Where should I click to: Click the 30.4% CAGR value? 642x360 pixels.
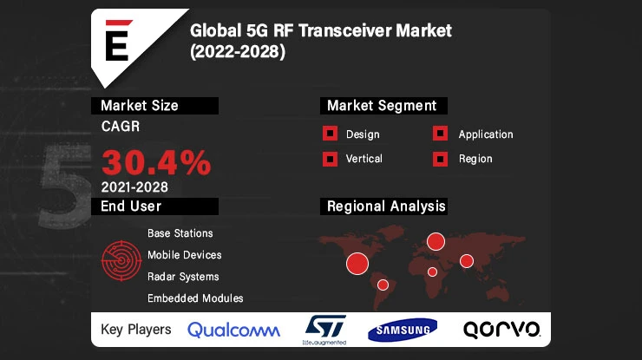click(156, 161)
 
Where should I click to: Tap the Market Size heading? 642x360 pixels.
click(140, 106)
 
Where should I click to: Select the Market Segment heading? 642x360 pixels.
click(381, 106)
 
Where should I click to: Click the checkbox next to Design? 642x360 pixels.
click(330, 134)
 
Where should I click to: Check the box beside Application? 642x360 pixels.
click(441, 134)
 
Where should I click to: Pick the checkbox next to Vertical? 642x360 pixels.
click(330, 159)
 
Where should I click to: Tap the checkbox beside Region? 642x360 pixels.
click(441, 159)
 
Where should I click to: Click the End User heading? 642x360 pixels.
click(131, 206)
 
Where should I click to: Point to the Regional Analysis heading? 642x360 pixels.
click(385, 206)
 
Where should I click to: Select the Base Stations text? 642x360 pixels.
click(180, 233)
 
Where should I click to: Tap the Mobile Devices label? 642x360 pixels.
click(184, 255)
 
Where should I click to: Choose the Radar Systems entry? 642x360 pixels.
click(182, 277)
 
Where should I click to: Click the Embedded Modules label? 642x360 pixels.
click(195, 298)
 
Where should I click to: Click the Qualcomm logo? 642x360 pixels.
click(233, 330)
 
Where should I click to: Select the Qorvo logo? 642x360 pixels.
click(501, 330)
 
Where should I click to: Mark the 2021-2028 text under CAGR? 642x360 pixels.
click(134, 187)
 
